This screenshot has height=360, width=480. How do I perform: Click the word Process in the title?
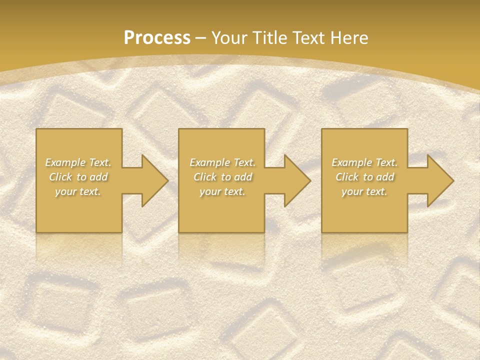coord(157,37)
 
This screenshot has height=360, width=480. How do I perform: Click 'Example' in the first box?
coord(65,162)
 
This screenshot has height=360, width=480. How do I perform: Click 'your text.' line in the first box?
coord(78,191)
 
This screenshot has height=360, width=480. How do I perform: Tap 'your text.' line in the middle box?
coord(222,191)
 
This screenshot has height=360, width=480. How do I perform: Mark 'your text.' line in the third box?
coord(364,191)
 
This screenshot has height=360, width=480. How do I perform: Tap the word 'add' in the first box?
coord(98,177)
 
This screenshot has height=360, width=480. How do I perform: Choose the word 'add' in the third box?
coord(385,177)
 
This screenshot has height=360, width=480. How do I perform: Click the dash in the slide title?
coord(201,38)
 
